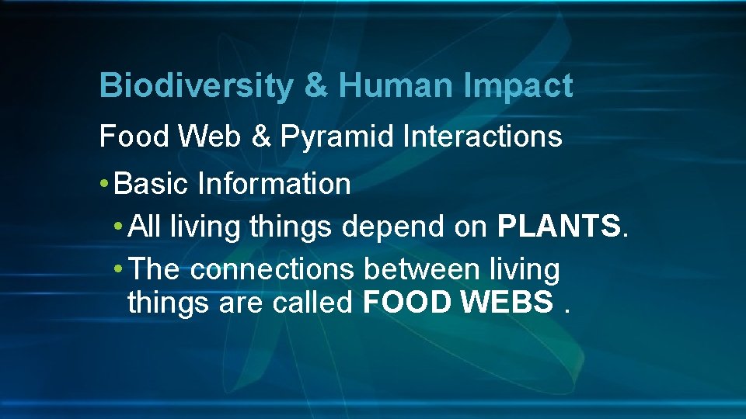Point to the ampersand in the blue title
point(315,86)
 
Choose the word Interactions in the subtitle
point(483,137)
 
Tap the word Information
point(274,185)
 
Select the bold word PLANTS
point(558,227)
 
